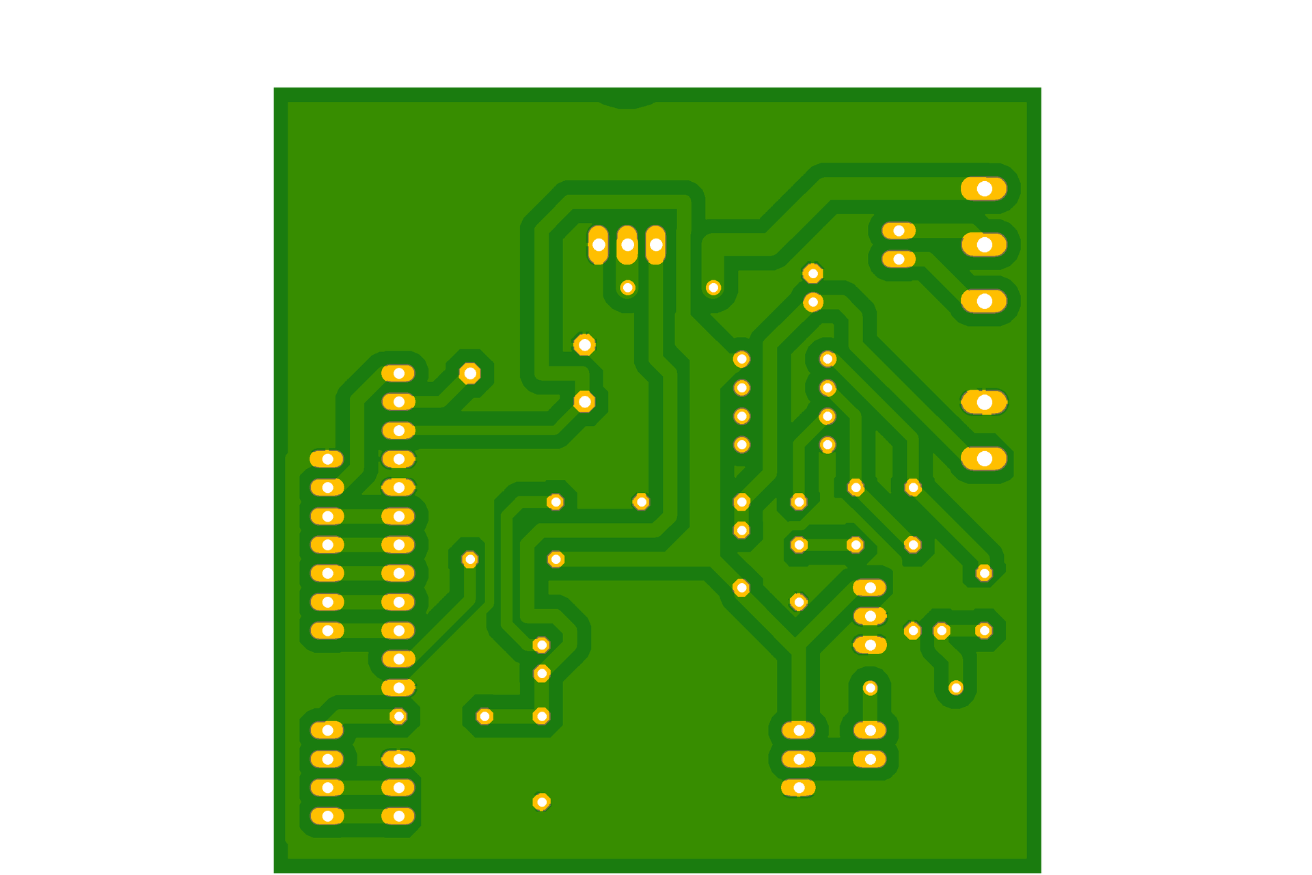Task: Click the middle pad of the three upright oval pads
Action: tap(627, 245)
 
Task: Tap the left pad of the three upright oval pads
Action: tap(598, 245)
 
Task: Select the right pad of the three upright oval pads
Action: tap(656, 245)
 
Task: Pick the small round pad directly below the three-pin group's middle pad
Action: tap(627, 288)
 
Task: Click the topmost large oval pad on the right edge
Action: tap(984, 189)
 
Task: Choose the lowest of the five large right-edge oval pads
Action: tap(984, 459)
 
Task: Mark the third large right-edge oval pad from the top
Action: tap(984, 301)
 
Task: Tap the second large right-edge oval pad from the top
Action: tap(984, 244)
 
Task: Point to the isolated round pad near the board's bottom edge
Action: tap(541, 802)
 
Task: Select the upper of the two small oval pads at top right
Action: tap(899, 231)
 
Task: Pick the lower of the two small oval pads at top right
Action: tap(899, 259)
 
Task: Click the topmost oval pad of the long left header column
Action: tap(398, 373)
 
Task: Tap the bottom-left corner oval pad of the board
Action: tap(327, 816)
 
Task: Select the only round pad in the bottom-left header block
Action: tap(398, 716)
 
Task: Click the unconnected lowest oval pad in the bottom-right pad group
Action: tap(798, 787)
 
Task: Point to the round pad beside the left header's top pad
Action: tap(469, 373)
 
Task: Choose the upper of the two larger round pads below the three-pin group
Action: tap(584, 345)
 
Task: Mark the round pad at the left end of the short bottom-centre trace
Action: tap(484, 716)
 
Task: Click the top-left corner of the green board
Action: tap(274, 87)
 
